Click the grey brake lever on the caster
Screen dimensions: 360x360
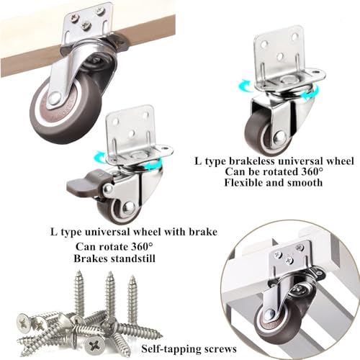pos(85,186)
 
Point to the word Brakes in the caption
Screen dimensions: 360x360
pos(91,258)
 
